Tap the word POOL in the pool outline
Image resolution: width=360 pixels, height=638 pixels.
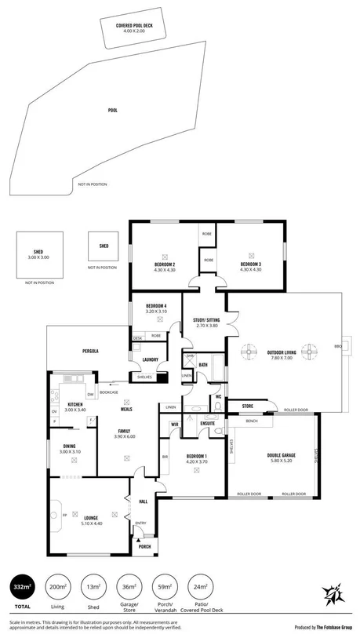tap(112, 111)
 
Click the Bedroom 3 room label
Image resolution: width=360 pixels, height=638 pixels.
tap(251, 265)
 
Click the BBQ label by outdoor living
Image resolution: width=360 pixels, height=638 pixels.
tap(338, 346)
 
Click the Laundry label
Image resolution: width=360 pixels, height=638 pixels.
tap(151, 360)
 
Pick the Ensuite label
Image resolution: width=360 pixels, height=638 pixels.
tap(207, 424)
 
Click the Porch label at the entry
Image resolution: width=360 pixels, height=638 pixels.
tap(144, 547)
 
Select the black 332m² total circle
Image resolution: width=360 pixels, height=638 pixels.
tap(22, 587)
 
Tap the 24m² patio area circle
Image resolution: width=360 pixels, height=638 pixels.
tap(199, 587)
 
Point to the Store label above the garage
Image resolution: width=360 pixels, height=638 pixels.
tap(247, 406)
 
